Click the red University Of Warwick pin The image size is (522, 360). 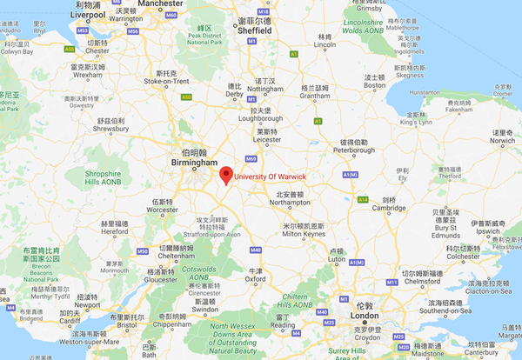[225, 174]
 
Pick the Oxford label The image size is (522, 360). [255, 279]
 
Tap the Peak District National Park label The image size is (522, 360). [204, 37]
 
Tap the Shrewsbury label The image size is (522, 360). [110, 130]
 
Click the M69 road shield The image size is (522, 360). [251, 158]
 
